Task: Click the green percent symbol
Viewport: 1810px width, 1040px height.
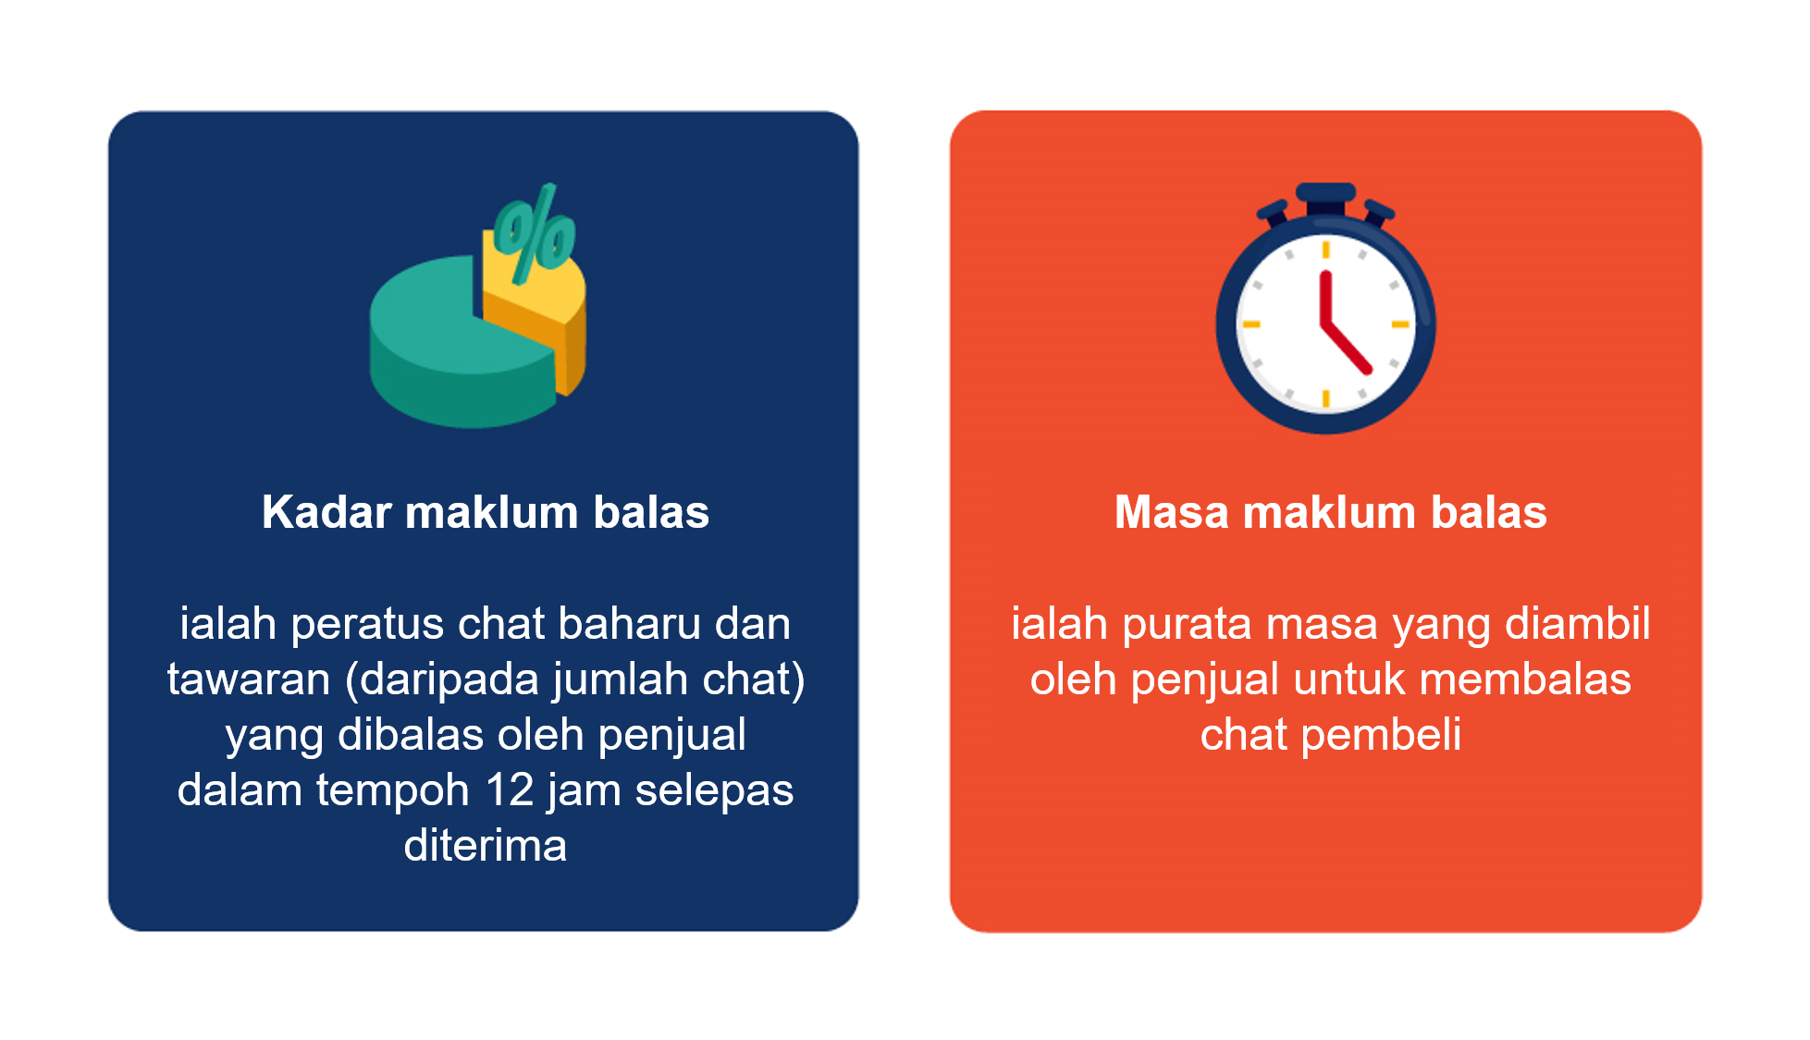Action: pyautogui.click(x=534, y=233)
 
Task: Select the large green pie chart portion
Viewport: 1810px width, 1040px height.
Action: pyautogui.click(x=458, y=347)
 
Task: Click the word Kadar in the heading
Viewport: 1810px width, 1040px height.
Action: pyautogui.click(x=327, y=512)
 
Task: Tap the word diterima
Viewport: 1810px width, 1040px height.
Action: pyautogui.click(x=486, y=845)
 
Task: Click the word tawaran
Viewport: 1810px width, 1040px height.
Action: pyautogui.click(x=249, y=679)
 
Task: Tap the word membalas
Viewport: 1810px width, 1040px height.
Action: pyautogui.click(x=1525, y=679)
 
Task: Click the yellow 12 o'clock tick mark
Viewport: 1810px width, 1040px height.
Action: pyautogui.click(x=1325, y=249)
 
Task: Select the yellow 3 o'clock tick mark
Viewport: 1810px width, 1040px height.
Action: pyautogui.click(x=1399, y=324)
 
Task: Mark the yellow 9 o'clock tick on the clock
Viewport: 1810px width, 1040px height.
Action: pyautogui.click(x=1251, y=324)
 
